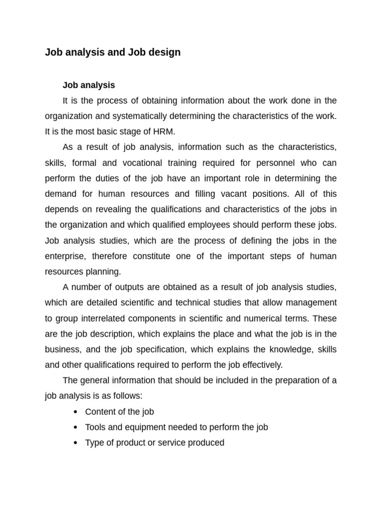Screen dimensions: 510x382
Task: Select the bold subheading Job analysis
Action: pyautogui.click(x=89, y=85)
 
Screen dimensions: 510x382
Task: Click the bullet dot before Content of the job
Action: pyautogui.click(x=75, y=412)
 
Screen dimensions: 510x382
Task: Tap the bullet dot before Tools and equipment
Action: pyautogui.click(x=75, y=427)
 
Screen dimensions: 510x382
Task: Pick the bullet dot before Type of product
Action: pyautogui.click(x=75, y=443)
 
